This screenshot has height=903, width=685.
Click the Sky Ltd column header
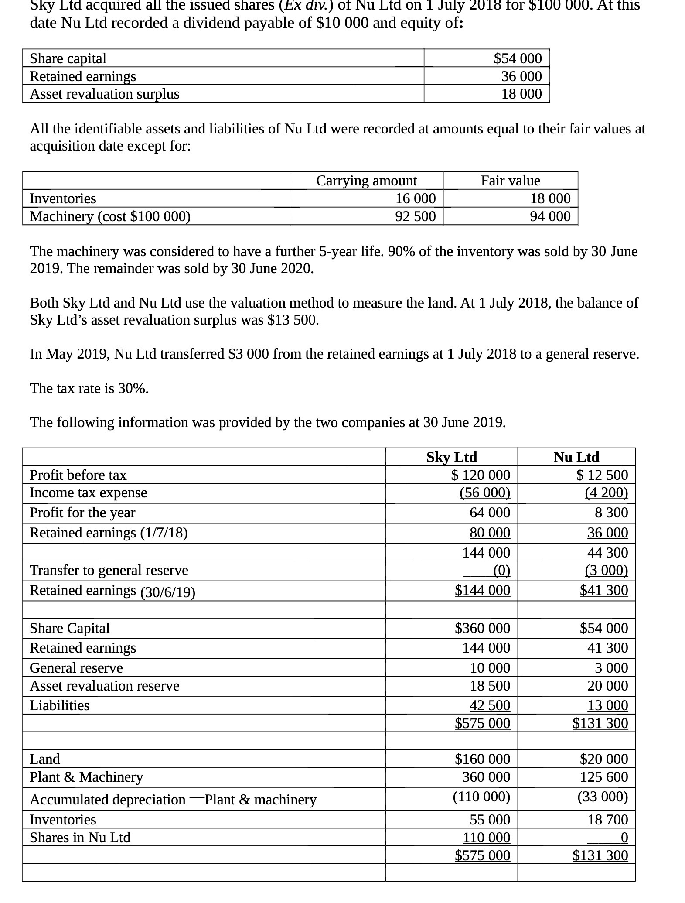pos(451,457)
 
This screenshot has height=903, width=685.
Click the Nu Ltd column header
pos(576,457)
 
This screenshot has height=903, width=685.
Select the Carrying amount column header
pos(366,180)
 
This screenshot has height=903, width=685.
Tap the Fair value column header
pos(510,180)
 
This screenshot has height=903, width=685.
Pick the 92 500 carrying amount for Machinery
pos(415,216)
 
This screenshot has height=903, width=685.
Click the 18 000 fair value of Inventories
pos(550,198)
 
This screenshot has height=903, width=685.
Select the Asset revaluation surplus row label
pos(104,94)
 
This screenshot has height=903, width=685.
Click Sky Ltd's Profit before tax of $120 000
pos(480,475)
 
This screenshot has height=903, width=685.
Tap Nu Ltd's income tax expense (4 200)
pos(606,493)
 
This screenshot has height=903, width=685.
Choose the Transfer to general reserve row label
pos(109,570)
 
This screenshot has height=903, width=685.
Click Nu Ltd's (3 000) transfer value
pos(606,570)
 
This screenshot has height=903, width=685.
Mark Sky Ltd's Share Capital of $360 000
pos(482,628)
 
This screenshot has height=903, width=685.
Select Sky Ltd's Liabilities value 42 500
pos(490,705)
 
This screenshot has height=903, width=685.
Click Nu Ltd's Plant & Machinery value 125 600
pos(603,776)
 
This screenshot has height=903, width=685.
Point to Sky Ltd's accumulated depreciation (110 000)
pos(481,797)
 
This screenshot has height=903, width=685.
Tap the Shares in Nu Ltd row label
pos(80,837)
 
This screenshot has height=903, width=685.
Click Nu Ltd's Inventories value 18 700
pos(607,819)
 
